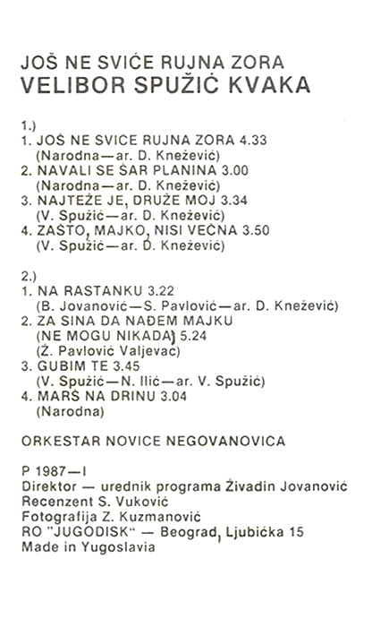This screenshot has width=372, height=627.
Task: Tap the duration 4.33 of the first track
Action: pyautogui.click(x=255, y=141)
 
